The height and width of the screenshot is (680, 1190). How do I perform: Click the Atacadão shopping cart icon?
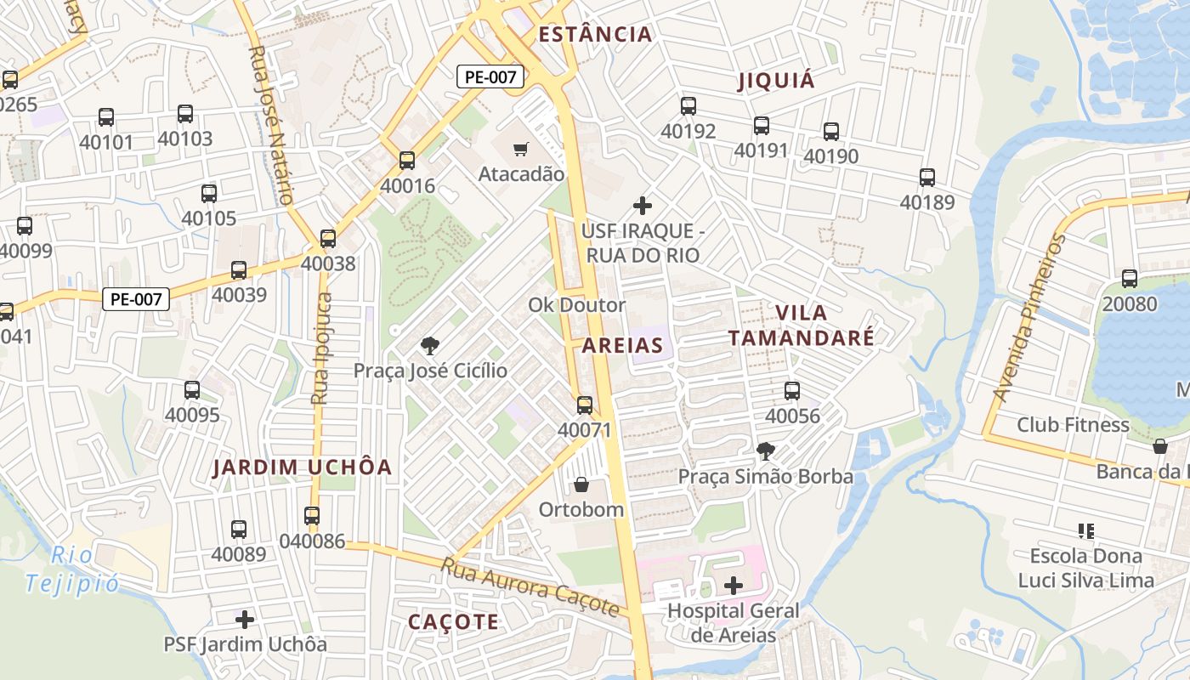[x=521, y=150]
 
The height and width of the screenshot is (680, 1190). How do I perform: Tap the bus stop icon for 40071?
[x=584, y=405]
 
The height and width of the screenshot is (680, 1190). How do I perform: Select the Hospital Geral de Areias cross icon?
[x=733, y=586]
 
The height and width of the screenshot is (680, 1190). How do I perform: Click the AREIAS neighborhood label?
[x=622, y=345]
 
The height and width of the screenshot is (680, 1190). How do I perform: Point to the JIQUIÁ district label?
[x=776, y=81]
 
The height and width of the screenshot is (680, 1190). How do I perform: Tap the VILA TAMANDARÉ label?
[x=801, y=325]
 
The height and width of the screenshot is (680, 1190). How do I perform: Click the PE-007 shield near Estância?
[x=490, y=76]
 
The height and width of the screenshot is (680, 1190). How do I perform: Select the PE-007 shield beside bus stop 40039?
[x=136, y=299]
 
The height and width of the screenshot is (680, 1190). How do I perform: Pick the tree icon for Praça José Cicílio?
[x=430, y=345]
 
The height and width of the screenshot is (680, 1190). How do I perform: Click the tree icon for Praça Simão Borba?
[x=765, y=450]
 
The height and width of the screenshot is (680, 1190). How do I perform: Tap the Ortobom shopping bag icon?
[x=581, y=484]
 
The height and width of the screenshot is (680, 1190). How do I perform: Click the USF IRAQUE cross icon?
[x=643, y=206]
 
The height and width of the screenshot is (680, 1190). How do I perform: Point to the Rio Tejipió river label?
[x=72, y=569]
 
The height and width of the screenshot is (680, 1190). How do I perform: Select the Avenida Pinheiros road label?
[x=1029, y=319]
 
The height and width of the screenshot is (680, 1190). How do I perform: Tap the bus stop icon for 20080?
[x=1129, y=278]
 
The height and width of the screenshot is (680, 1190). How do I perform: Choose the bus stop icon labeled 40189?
[x=926, y=178]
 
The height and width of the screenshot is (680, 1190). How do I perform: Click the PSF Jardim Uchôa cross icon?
[x=245, y=620]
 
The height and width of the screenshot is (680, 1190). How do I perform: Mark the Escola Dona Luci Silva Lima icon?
[x=1085, y=531]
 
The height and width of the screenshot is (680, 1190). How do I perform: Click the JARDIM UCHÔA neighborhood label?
[x=302, y=467]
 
